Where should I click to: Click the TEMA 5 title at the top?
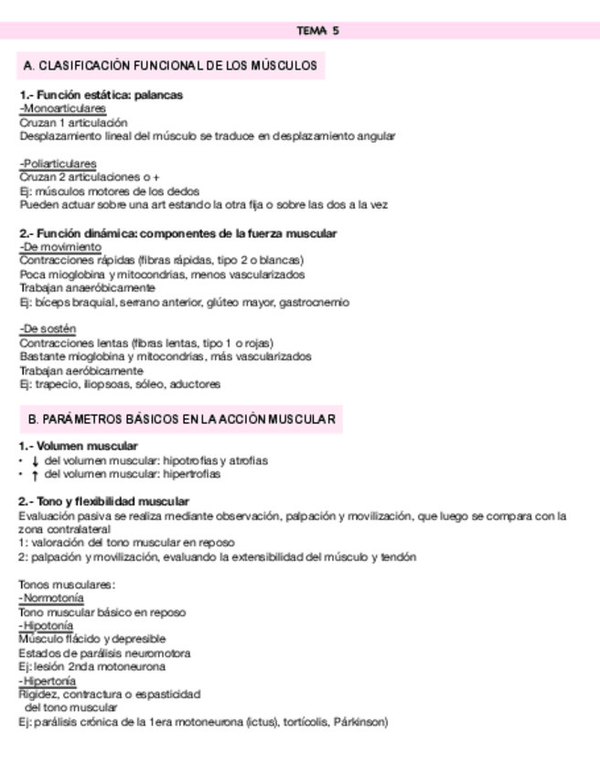click(317, 30)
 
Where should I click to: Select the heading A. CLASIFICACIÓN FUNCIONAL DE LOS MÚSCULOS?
click(171, 66)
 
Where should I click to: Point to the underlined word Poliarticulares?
click(59, 164)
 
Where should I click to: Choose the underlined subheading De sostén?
click(48, 329)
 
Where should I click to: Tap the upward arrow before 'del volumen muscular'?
click(34, 475)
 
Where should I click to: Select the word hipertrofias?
click(191, 474)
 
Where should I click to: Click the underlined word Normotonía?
click(52, 598)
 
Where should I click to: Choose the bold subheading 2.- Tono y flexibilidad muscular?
click(104, 501)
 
